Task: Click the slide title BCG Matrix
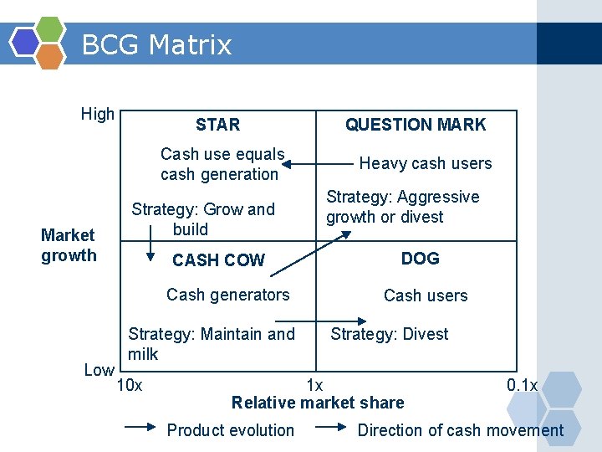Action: click(156, 44)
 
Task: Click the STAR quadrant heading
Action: click(217, 126)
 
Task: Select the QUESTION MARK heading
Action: click(416, 126)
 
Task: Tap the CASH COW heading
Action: click(218, 260)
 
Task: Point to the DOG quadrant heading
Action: click(420, 259)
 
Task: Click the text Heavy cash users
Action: click(426, 163)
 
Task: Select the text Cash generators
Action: click(228, 295)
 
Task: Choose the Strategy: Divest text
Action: click(390, 334)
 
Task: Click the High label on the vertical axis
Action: click(98, 115)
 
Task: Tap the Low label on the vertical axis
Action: click(99, 369)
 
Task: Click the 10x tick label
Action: click(129, 386)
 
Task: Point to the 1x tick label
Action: click(314, 386)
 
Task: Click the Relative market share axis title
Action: click(318, 403)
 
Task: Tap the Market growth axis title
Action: click(69, 245)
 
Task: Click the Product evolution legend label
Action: click(231, 430)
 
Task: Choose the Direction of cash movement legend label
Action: click(461, 430)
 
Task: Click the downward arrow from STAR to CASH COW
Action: click(151, 244)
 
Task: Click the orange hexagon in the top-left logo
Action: click(49, 55)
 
